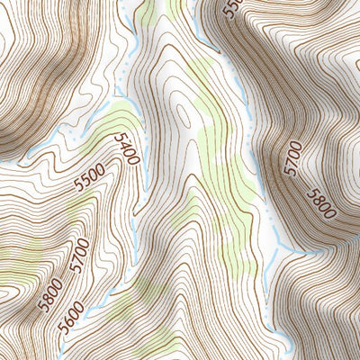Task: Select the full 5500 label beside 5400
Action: pyautogui.click(x=90, y=178)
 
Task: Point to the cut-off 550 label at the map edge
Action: pyautogui.click(x=231, y=9)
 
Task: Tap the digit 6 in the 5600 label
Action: pyautogui.click(x=72, y=319)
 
